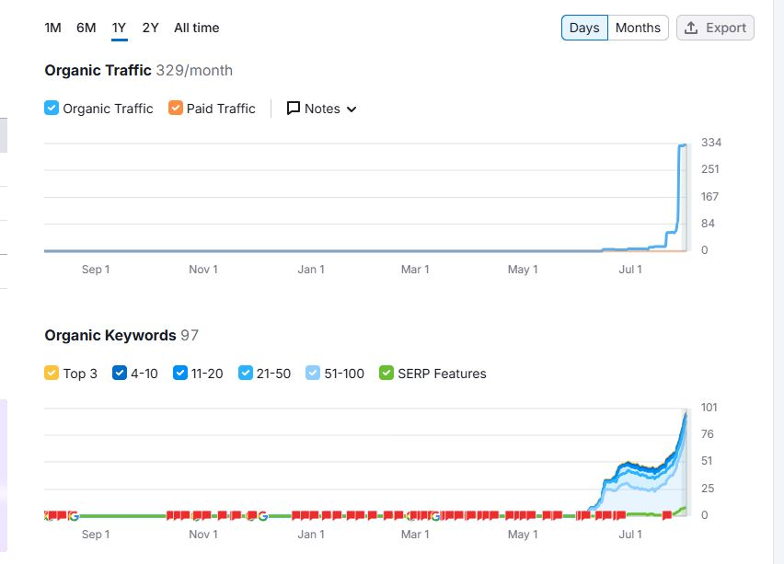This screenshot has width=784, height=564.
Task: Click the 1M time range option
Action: tap(52, 28)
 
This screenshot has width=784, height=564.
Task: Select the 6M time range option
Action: tap(86, 28)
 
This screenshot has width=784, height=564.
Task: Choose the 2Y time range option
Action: tap(150, 28)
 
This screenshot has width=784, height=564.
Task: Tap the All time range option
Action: tap(196, 28)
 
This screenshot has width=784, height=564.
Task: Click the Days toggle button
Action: tap(584, 28)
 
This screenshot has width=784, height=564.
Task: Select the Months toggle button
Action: tap(638, 28)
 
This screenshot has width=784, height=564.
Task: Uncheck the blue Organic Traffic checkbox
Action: tap(52, 109)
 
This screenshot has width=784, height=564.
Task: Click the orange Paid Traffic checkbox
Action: tap(176, 109)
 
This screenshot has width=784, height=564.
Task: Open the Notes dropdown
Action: tap(321, 109)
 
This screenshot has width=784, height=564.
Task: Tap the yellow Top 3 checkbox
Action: tap(52, 374)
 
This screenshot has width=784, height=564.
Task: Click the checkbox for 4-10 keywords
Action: tap(120, 374)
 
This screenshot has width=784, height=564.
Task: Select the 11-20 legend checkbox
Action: tap(180, 374)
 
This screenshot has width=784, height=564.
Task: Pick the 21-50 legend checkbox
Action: tap(246, 374)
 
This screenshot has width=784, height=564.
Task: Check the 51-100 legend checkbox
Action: tap(314, 374)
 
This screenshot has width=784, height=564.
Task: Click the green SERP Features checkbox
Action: tap(386, 374)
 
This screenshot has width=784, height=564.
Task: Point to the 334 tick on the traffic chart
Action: tap(710, 143)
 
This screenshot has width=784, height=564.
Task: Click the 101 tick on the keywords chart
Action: tap(709, 408)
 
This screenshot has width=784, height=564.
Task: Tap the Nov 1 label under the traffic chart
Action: tap(203, 270)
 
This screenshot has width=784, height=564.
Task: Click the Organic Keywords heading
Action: tap(110, 335)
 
